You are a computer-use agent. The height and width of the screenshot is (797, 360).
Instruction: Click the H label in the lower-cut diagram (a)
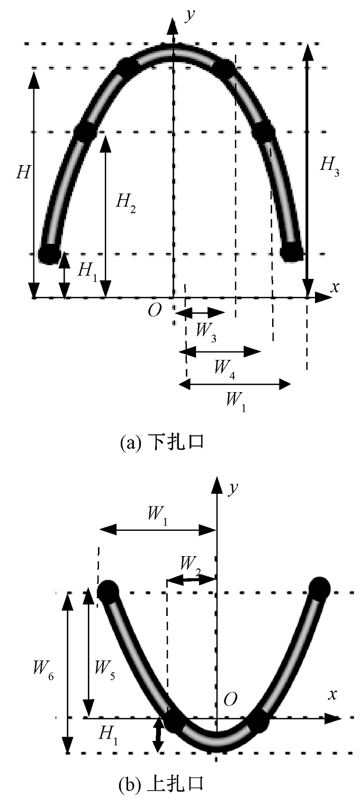(22, 174)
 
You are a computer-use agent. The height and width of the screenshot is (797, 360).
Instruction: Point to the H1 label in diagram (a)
(87, 270)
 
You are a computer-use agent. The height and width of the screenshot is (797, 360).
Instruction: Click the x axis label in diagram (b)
(332, 695)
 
